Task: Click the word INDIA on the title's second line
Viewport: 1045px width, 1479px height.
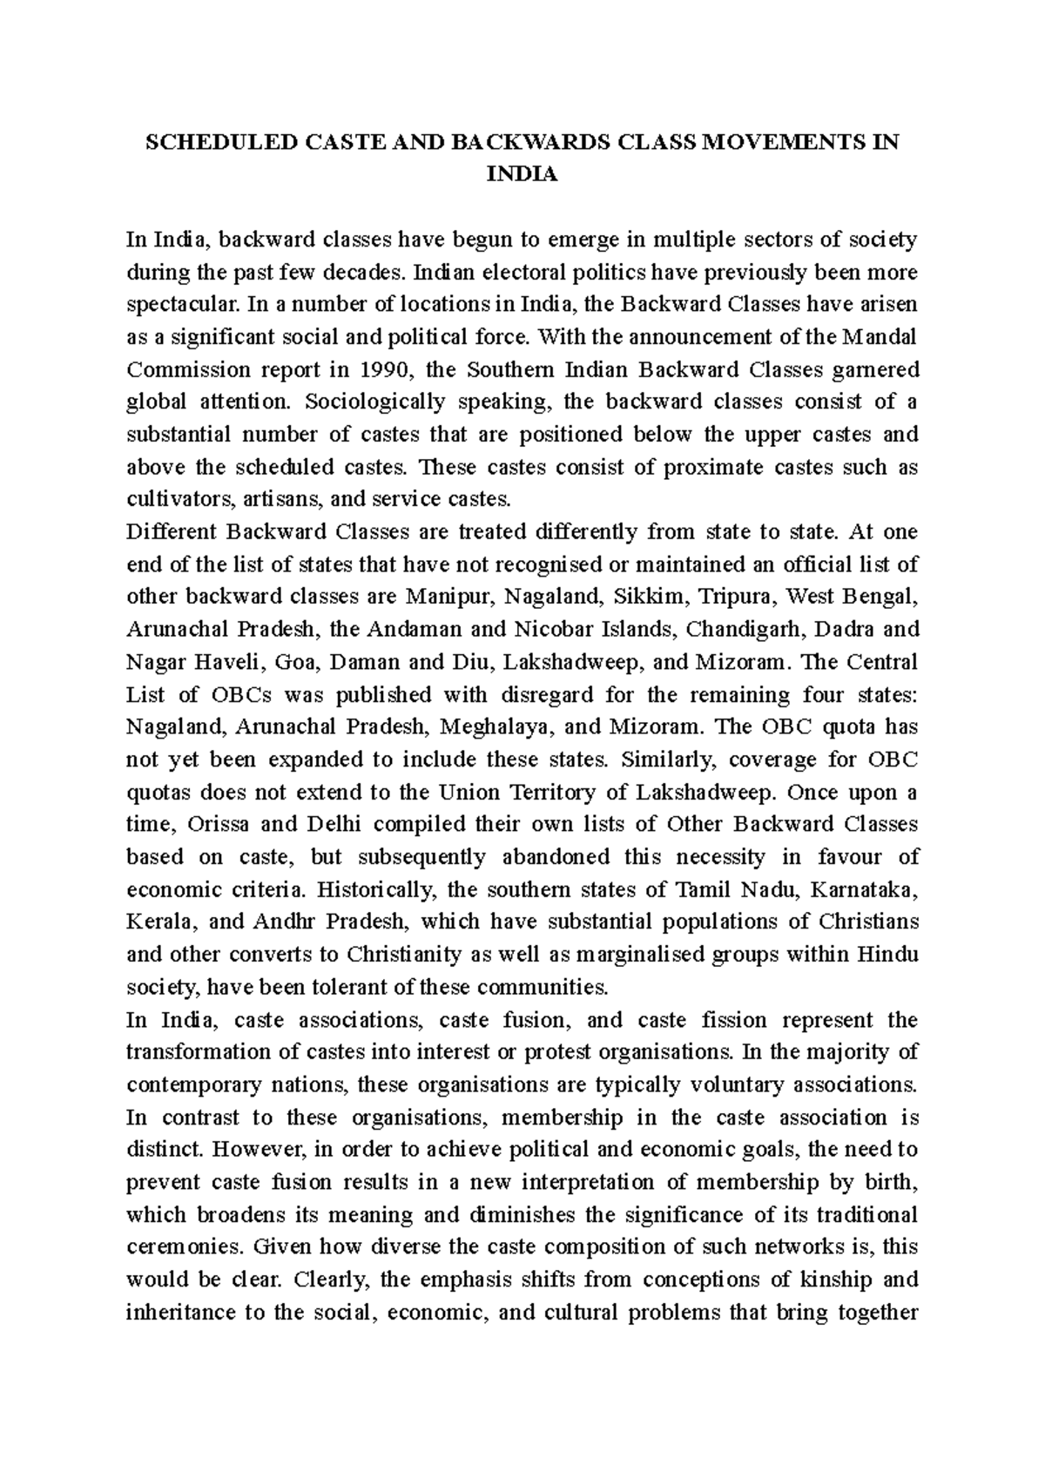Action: (x=522, y=176)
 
